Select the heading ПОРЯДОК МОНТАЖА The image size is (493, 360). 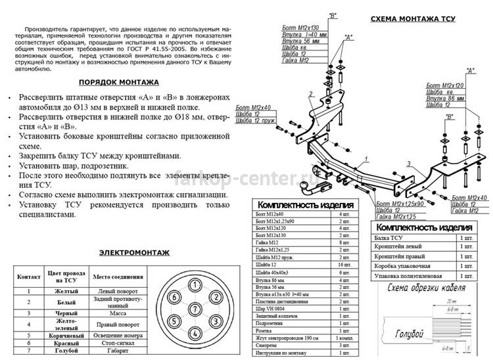(x=118, y=83)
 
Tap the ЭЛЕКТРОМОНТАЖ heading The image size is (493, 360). (x=134, y=252)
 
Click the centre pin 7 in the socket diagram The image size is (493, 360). (x=195, y=308)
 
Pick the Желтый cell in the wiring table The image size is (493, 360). (x=64, y=290)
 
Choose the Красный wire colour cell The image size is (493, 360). (x=64, y=343)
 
